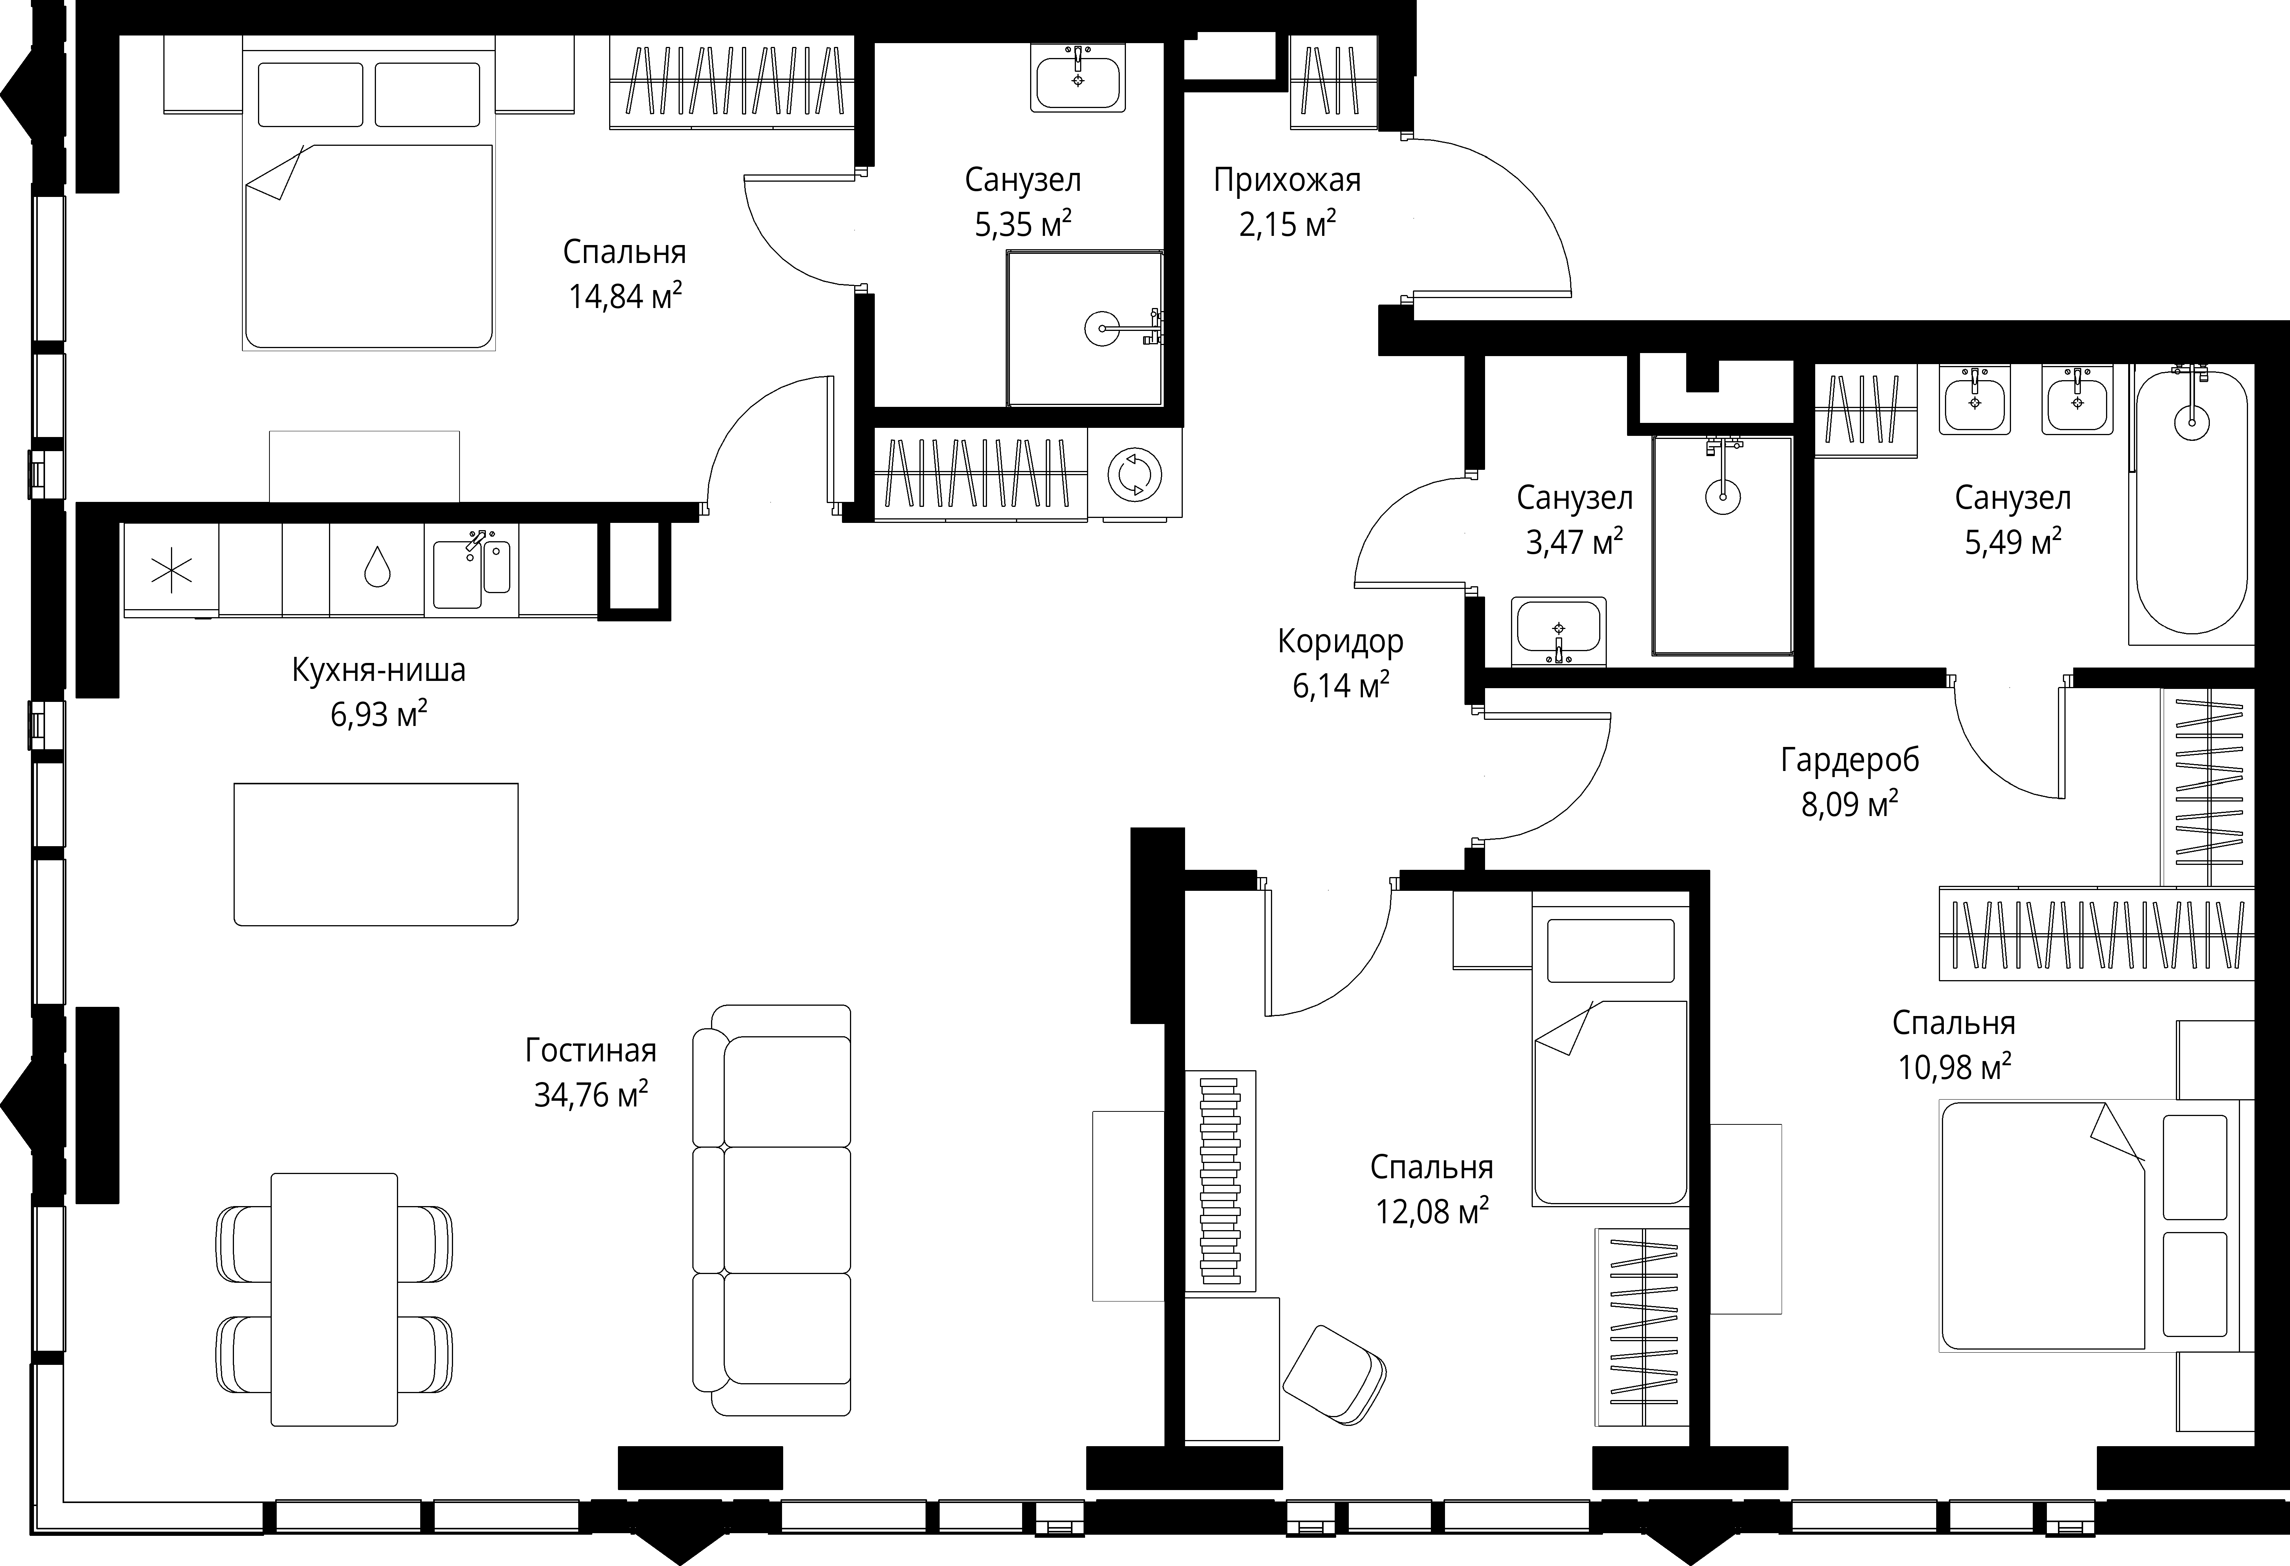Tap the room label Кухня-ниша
[378, 670]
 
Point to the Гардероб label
[1850, 760]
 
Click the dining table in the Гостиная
[334, 1299]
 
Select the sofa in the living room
[772, 1210]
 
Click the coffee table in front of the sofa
[376, 855]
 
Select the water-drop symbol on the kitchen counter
[376, 568]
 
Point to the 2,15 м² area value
[1287, 225]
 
